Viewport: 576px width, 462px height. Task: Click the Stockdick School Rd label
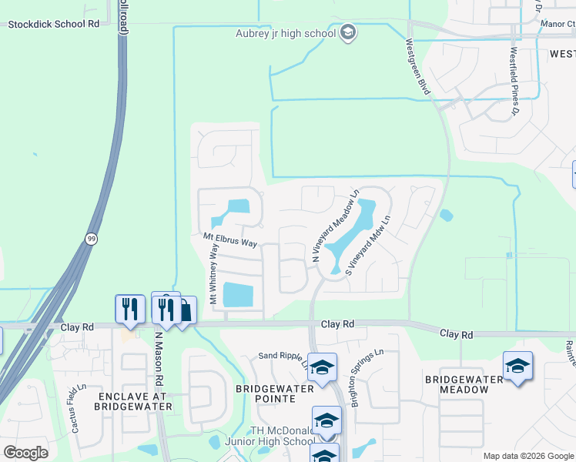[54, 24]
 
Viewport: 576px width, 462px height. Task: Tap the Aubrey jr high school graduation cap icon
[348, 32]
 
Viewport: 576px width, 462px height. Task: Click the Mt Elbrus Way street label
[229, 242]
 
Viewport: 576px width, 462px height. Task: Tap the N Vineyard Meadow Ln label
[335, 226]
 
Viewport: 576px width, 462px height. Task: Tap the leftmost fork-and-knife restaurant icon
[129, 309]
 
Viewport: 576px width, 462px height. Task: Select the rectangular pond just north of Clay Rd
[237, 294]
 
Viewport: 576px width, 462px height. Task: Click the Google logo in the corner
[25, 452]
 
